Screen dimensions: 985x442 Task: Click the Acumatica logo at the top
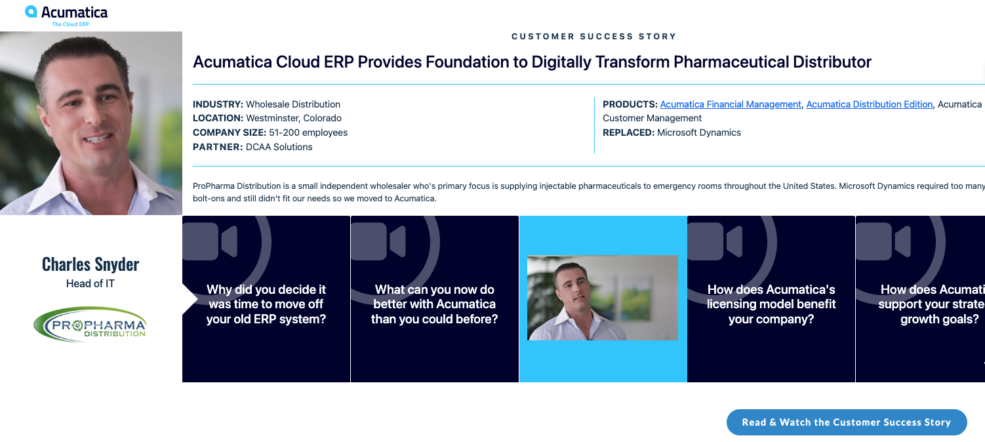[x=66, y=16]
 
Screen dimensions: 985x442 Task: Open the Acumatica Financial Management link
[x=731, y=104]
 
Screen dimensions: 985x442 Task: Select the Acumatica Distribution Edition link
[x=870, y=104]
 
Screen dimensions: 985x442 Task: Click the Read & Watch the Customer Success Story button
[x=847, y=422]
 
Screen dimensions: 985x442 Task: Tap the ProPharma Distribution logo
[x=90, y=325]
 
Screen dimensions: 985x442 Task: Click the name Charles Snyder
[x=90, y=264]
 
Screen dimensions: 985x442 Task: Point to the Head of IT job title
[x=90, y=284]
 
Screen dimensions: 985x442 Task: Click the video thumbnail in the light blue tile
[x=603, y=298]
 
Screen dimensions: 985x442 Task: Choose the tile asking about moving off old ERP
[x=266, y=299]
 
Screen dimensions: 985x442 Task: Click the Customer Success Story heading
[x=593, y=37]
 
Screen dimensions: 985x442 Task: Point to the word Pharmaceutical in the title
[x=731, y=62]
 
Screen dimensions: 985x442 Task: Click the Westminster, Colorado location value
[x=294, y=118]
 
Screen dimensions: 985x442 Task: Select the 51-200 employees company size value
[x=308, y=132]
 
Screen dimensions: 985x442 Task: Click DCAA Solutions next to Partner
[x=279, y=147]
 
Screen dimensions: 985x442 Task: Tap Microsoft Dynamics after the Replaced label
[x=698, y=132]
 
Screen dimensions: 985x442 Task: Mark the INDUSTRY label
[x=218, y=104]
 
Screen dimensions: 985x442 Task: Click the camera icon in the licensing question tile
[x=715, y=241]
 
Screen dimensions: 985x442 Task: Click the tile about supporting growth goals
[x=920, y=299]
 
